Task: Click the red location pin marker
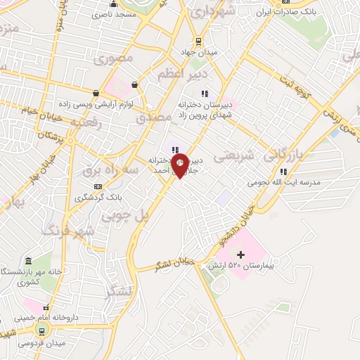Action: pyautogui.click(x=180, y=165)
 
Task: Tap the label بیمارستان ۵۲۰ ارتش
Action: pyautogui.click(x=239, y=267)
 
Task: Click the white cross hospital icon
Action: pyautogui.click(x=241, y=254)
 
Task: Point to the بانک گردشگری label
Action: pyautogui.click(x=98, y=198)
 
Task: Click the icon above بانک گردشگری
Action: pyautogui.click(x=98, y=186)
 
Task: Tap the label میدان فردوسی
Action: pyautogui.click(x=42, y=343)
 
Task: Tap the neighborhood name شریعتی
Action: pyautogui.click(x=247, y=153)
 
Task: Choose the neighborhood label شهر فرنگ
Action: pyautogui.click(x=67, y=229)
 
